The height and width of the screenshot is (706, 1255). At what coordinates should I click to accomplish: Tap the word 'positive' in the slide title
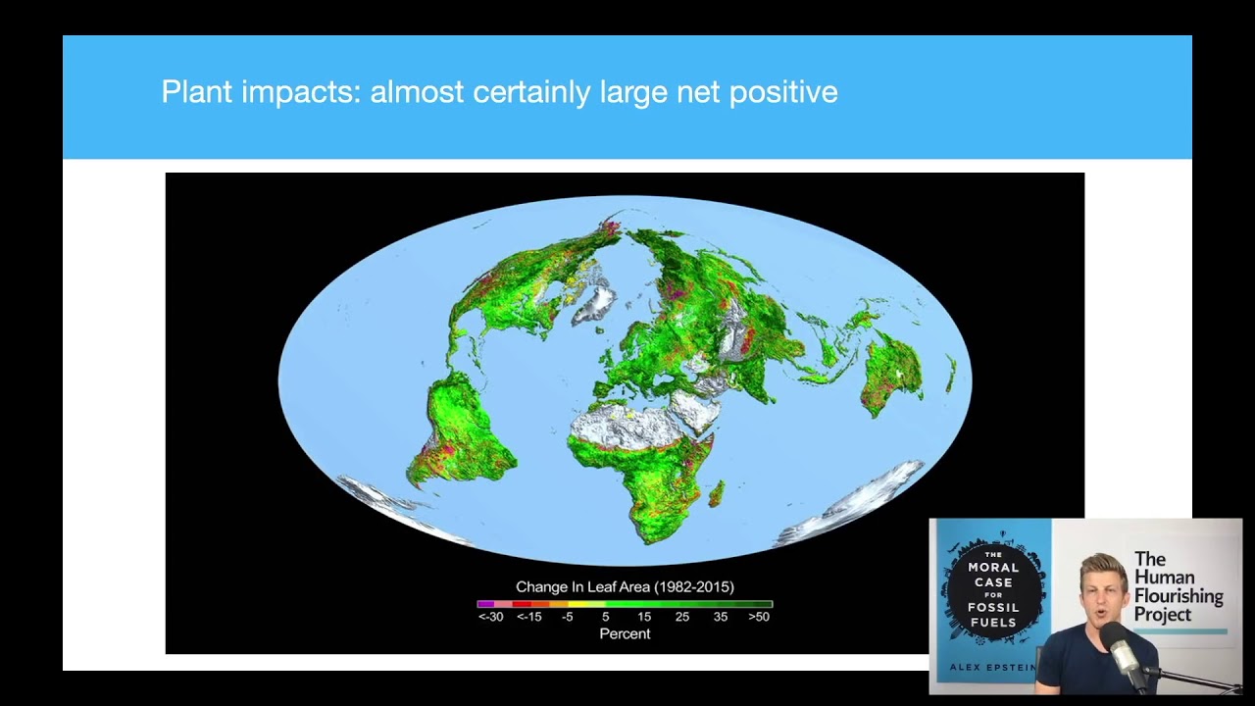(x=783, y=92)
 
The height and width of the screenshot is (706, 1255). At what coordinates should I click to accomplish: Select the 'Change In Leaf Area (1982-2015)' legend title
(x=625, y=586)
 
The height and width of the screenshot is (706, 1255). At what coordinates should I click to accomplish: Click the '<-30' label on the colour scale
(x=490, y=617)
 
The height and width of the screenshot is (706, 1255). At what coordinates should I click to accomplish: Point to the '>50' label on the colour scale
(x=759, y=617)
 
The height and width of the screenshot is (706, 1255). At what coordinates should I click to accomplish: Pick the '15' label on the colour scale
(x=644, y=617)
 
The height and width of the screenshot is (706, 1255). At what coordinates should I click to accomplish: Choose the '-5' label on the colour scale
(x=567, y=617)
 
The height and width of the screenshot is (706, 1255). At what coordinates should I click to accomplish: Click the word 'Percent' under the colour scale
(x=625, y=633)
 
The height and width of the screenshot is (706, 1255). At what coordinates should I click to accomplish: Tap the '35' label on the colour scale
(x=721, y=617)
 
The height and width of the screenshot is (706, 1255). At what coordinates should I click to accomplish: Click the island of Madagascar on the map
(x=716, y=492)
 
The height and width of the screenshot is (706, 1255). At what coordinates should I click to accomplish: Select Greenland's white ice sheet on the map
(x=594, y=299)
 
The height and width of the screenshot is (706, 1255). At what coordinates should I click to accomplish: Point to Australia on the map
(x=892, y=370)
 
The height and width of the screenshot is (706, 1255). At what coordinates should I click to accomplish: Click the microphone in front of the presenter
(x=1120, y=648)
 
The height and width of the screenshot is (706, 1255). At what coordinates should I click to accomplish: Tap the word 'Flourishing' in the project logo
(x=1179, y=595)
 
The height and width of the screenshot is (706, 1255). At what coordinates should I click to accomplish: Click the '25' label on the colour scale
(x=682, y=617)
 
